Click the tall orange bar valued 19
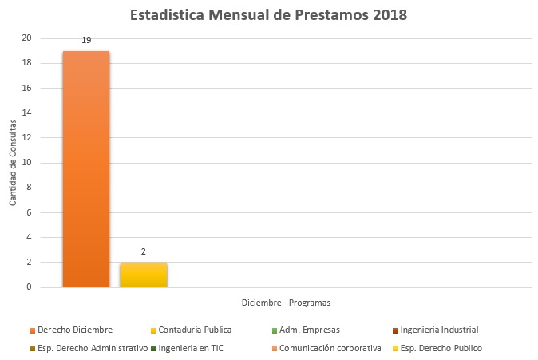(86, 168)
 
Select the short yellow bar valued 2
(144, 275)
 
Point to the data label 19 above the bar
(86, 40)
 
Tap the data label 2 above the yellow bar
(144, 251)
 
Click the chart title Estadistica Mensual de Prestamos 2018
(268, 15)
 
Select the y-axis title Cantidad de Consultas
(14, 163)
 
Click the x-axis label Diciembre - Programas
(286, 303)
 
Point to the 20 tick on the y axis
(27, 38)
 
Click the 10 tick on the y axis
(27, 163)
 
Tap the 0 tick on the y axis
(30, 287)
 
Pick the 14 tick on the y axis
(27, 113)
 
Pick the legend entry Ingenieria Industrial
(438, 330)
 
